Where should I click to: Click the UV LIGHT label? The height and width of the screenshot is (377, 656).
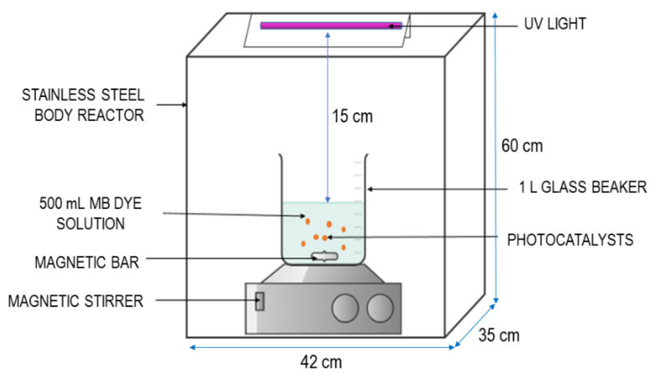pyautogui.click(x=555, y=24)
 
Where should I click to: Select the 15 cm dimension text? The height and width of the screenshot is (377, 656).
pyautogui.click(x=352, y=116)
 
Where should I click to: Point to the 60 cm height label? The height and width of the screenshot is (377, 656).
pyautogui.click(x=522, y=146)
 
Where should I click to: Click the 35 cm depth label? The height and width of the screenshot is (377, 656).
pyautogui.click(x=499, y=335)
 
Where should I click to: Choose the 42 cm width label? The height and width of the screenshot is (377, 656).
pyautogui.click(x=321, y=362)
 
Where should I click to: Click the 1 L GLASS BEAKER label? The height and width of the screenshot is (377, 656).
pyautogui.click(x=583, y=187)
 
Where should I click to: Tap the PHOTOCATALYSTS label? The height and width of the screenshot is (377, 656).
pyautogui.click(x=570, y=240)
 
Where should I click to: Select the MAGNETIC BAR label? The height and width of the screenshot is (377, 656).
pyautogui.click(x=87, y=263)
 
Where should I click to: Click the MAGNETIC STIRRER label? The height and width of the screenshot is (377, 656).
pyautogui.click(x=75, y=301)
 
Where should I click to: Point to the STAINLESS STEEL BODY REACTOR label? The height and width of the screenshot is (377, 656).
pyautogui.click(x=83, y=105)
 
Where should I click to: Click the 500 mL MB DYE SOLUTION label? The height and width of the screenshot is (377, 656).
pyautogui.click(x=90, y=213)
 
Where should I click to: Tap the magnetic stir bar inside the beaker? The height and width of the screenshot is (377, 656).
pyautogui.click(x=324, y=256)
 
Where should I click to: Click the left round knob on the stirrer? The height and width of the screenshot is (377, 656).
pyautogui.click(x=345, y=308)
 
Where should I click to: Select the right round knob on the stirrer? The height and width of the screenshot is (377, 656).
pyautogui.click(x=380, y=308)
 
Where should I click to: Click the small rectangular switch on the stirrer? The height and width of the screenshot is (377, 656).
pyautogui.click(x=260, y=301)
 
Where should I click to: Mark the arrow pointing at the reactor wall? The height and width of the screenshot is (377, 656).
pyautogui.click(x=172, y=105)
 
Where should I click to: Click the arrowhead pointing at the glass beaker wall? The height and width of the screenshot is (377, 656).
pyautogui.click(x=370, y=189)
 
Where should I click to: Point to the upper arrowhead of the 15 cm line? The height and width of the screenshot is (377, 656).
pyautogui.click(x=328, y=35)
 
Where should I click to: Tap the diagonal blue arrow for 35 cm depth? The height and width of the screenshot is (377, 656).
pyautogui.click(x=474, y=325)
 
